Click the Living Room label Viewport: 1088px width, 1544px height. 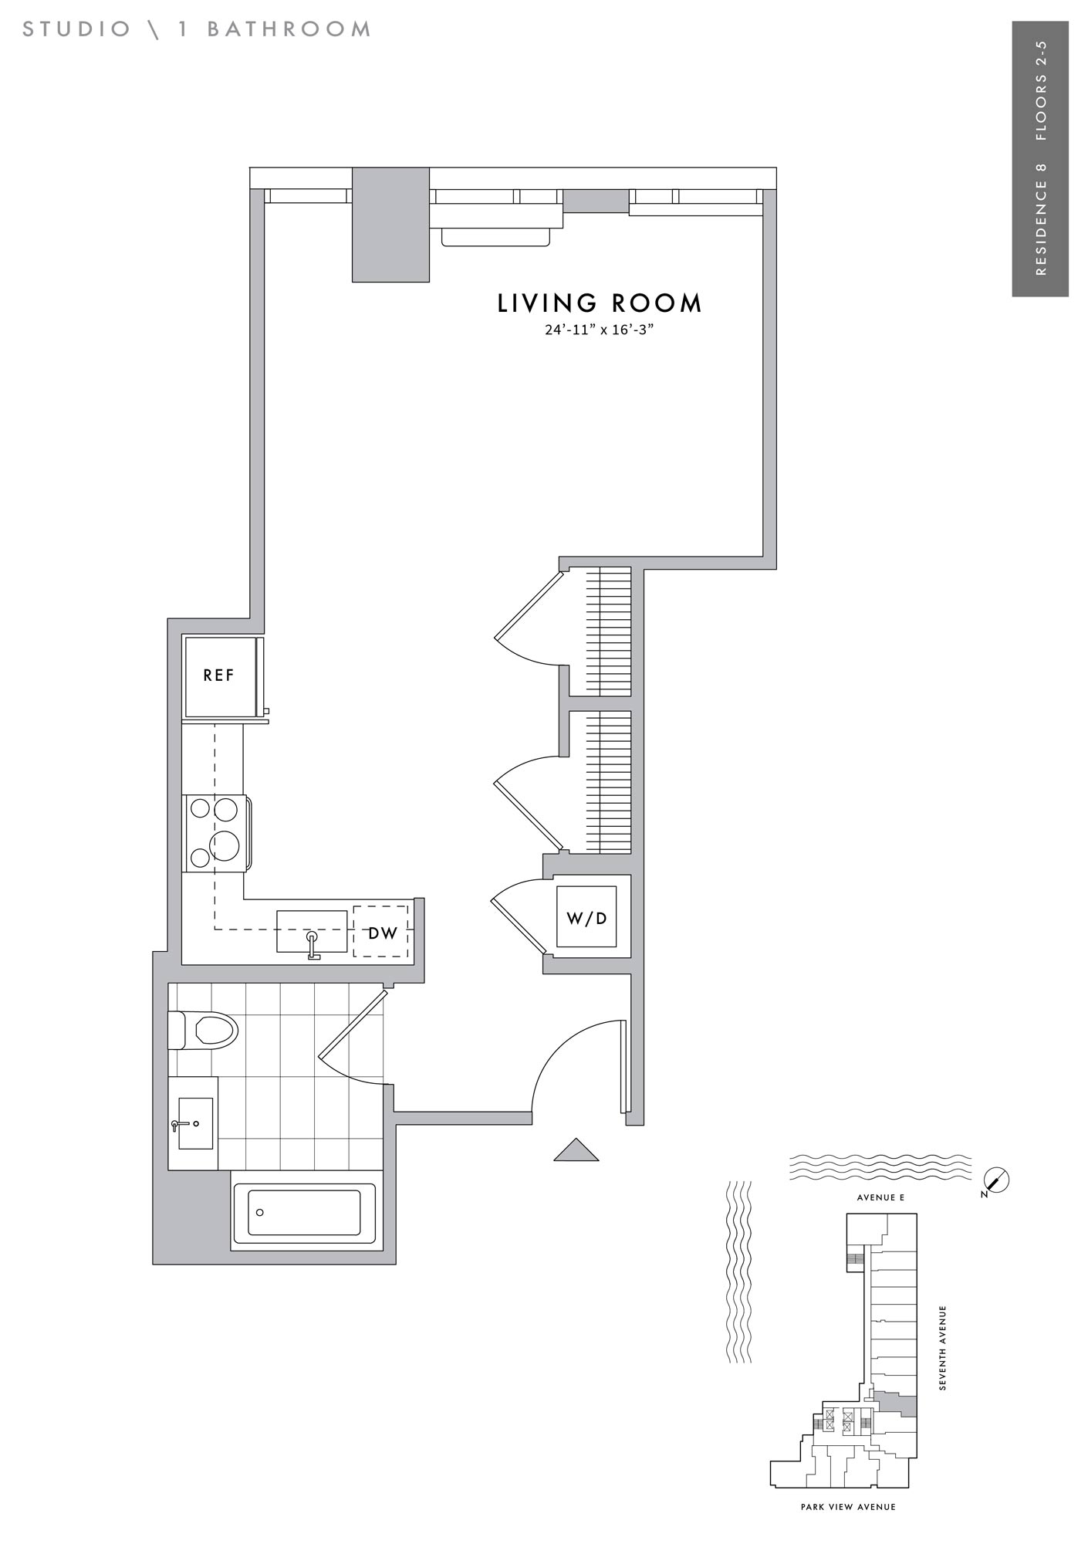(600, 303)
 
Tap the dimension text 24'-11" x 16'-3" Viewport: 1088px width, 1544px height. (599, 330)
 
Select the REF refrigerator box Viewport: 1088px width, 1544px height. (221, 676)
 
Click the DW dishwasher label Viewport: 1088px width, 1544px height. (382, 933)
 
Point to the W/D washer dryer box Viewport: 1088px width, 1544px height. (587, 917)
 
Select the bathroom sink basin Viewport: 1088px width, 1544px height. (194, 1123)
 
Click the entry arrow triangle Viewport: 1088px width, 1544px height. (576, 1150)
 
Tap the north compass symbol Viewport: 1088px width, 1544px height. (997, 1180)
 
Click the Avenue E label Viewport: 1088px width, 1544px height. (880, 1197)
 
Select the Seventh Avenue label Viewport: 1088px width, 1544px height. (942, 1348)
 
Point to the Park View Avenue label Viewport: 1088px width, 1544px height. (848, 1507)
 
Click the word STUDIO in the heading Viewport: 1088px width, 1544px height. (77, 29)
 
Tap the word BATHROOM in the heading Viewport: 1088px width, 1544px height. (289, 29)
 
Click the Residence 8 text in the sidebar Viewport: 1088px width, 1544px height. (1041, 218)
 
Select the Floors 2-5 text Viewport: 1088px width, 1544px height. (1041, 90)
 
